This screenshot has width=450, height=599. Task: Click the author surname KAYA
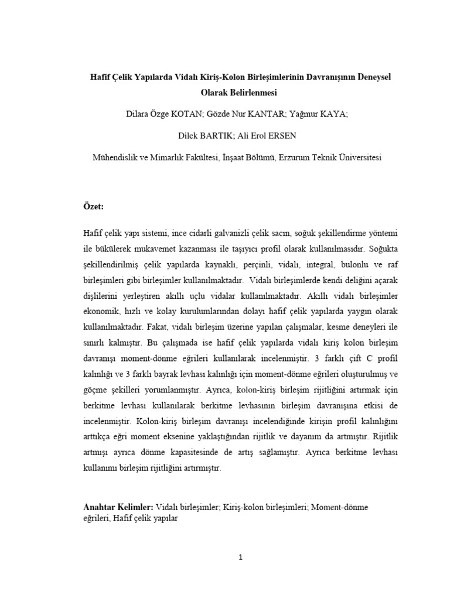point(333,115)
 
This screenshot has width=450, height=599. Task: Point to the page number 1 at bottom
point(240,557)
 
